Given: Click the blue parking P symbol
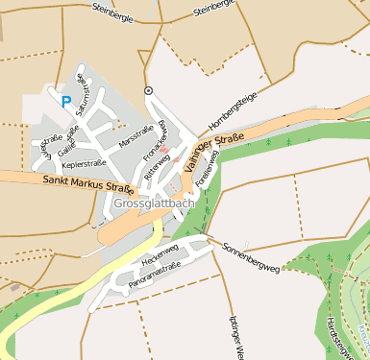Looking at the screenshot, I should click(x=65, y=101).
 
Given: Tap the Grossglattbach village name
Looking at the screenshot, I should click(x=154, y=204).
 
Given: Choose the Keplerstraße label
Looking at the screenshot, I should click(x=84, y=165).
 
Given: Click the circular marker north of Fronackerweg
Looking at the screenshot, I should click(x=148, y=90).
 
